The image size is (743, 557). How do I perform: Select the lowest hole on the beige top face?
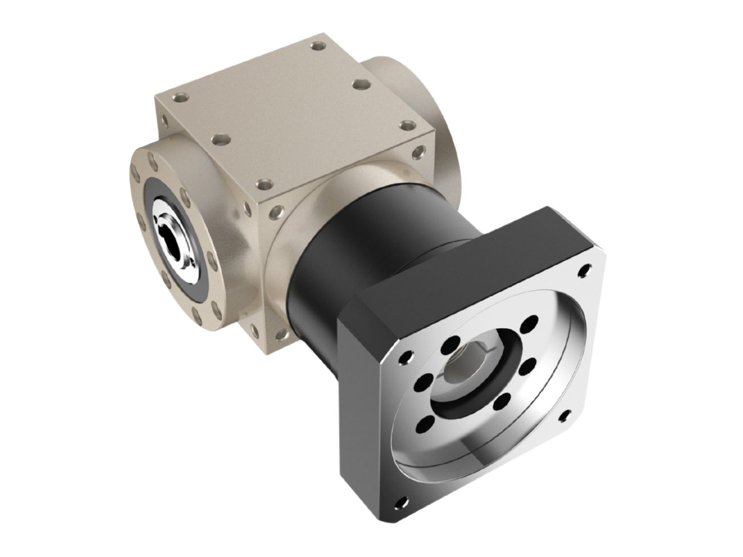(x=262, y=182)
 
